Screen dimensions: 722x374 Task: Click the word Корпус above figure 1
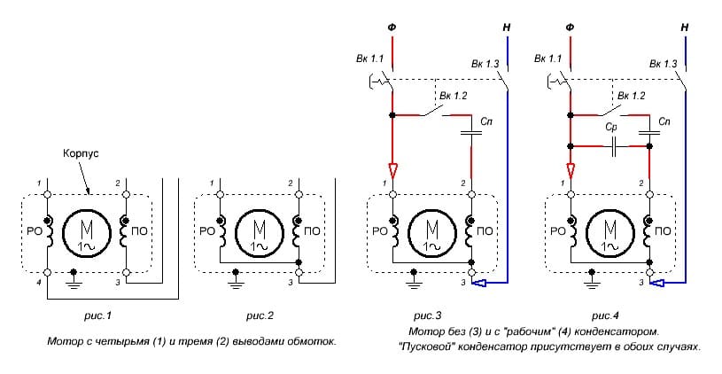81,154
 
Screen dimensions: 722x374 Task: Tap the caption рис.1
97,316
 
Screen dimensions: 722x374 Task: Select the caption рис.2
260,316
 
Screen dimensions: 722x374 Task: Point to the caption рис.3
427,316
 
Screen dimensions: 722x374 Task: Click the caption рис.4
605,316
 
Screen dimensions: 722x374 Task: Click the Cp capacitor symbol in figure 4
612,146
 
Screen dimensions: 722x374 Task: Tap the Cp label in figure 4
611,128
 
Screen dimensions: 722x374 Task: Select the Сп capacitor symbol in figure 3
471,133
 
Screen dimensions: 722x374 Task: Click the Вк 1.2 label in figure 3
453,96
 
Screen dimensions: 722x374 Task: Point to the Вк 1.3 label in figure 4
663,64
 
